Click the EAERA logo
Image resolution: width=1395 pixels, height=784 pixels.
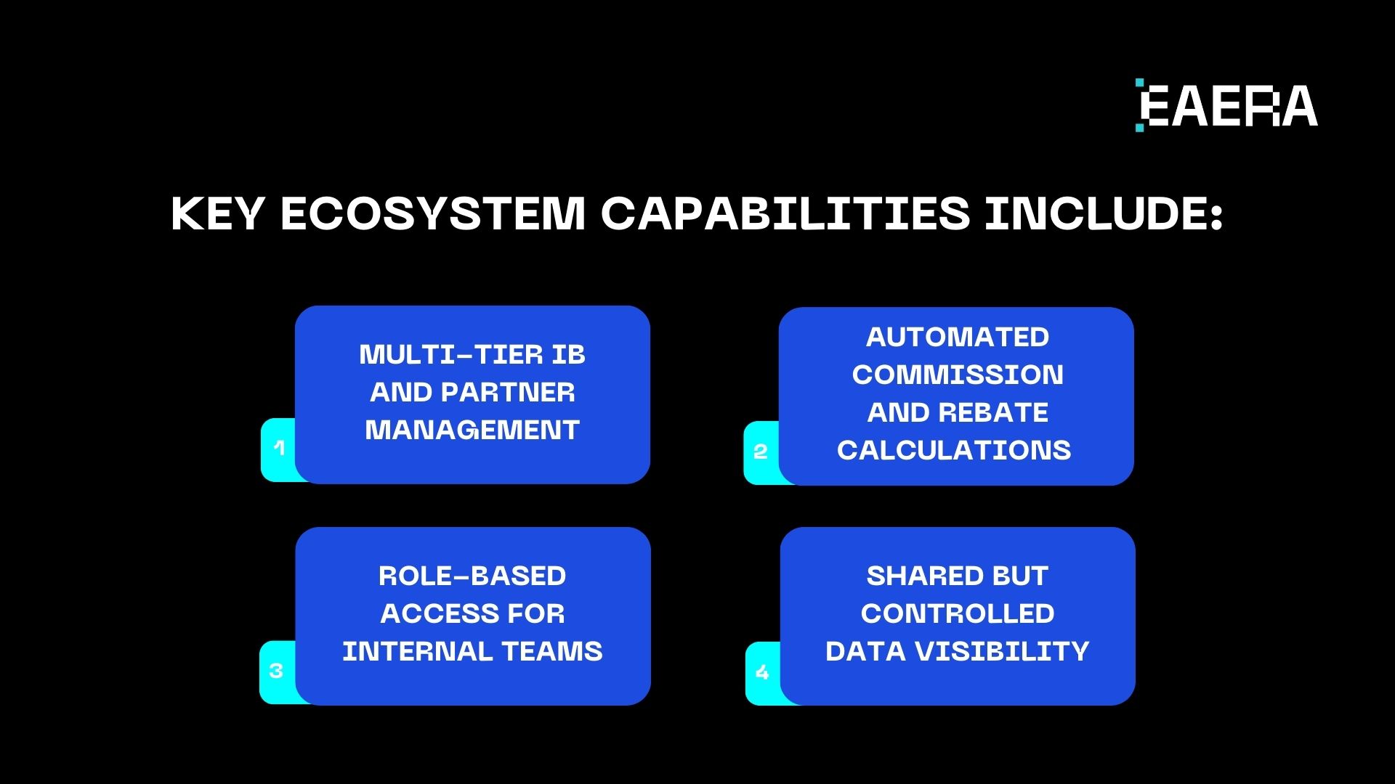[1226, 106]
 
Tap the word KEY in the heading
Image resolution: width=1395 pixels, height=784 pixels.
[217, 214]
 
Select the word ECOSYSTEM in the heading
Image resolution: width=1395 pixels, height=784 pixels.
[432, 214]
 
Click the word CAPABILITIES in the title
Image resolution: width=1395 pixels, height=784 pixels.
[785, 214]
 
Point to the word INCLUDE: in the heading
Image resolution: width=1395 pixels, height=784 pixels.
[1104, 214]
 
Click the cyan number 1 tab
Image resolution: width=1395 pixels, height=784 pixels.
[279, 449]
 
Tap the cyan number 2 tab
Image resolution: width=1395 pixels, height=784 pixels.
[761, 452]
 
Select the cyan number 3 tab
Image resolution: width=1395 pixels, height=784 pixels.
[276, 671]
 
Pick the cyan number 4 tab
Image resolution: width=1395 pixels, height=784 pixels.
[762, 672]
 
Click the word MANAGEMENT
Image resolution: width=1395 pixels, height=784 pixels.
[472, 430]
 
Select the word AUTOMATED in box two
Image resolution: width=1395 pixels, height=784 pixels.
[957, 338]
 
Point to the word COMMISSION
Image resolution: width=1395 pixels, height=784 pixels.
[957, 375]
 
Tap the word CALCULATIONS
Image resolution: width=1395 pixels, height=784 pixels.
[954, 451]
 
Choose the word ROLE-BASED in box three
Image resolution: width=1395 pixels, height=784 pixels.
[472, 576]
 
